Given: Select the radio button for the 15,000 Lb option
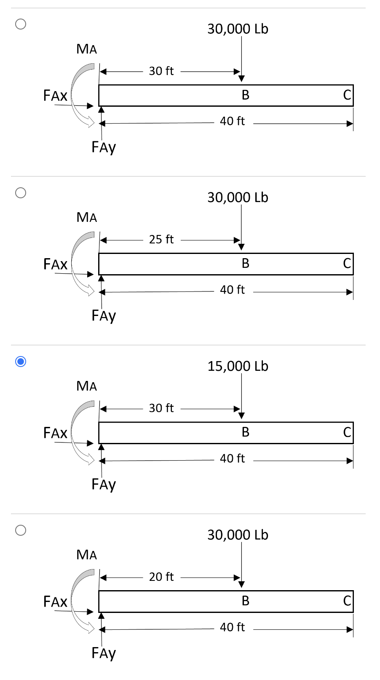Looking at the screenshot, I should pyautogui.click(x=21, y=362).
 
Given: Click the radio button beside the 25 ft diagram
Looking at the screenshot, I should pyautogui.click(x=21, y=193).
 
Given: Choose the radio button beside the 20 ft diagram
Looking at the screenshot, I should pyautogui.click(x=21, y=530).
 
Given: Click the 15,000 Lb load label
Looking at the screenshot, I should pyautogui.click(x=238, y=366).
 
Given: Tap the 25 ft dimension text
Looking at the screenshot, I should pyautogui.click(x=161, y=239).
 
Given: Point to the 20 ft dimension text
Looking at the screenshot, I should pyautogui.click(x=161, y=577).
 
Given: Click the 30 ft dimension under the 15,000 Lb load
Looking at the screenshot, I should pyautogui.click(x=161, y=408).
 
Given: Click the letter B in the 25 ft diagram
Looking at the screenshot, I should pyautogui.click(x=246, y=263).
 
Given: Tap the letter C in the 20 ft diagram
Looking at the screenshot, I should pyautogui.click(x=347, y=601).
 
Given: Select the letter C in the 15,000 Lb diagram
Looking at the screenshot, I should pyautogui.click(x=347, y=432).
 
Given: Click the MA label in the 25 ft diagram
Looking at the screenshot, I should pyautogui.click(x=87, y=217).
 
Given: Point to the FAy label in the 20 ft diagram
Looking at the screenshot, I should pyautogui.click(x=104, y=653).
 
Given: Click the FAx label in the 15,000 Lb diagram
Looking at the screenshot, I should pyautogui.click(x=55, y=433).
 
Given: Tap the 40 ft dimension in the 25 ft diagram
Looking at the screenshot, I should pyautogui.click(x=232, y=290).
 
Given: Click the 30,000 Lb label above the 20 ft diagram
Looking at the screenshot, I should pyautogui.click(x=238, y=535).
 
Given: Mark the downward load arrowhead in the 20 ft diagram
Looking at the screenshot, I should pyautogui.click(x=241, y=584).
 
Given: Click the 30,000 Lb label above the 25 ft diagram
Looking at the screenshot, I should pyautogui.click(x=238, y=197).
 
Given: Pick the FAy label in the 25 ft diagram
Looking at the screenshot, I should pyautogui.click(x=104, y=316).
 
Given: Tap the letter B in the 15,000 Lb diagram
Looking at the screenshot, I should pyautogui.click(x=246, y=432).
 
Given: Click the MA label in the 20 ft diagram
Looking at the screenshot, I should pyautogui.click(x=87, y=555).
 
